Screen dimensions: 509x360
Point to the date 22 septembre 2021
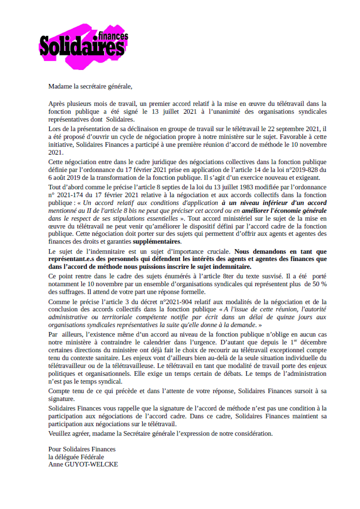point(301,128)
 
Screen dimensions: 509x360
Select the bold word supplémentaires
point(157,241)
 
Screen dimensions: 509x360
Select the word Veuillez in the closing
point(61,433)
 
